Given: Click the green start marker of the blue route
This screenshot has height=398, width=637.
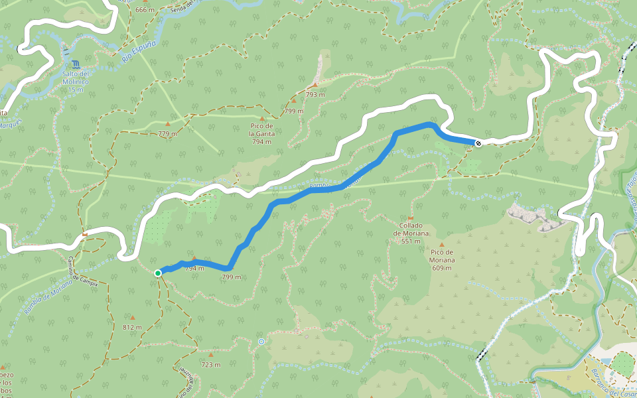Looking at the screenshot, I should pos(158,273).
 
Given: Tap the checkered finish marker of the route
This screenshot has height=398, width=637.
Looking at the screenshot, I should pos(478,143).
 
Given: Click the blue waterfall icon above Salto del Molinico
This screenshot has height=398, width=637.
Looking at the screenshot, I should pos(78,64).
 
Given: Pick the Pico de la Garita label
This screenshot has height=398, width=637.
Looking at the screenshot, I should pos(261,133).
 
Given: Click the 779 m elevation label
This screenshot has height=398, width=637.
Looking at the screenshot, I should pos(168,134).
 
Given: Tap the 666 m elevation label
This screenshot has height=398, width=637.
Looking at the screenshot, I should pos(144,10).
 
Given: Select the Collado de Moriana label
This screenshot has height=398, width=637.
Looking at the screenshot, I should pos(411,233).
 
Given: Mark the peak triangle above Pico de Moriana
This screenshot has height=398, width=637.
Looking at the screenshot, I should pos(442,245).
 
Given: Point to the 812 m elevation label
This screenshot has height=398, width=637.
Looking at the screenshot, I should pos(132,327).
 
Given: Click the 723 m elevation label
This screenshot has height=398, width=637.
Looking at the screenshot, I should pos(211,364).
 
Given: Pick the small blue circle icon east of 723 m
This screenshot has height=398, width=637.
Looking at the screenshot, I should pos(261,342).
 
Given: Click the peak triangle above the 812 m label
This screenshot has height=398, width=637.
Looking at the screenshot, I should pos(132,318).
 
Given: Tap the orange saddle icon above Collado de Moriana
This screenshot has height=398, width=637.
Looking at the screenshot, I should pos(411,218).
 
